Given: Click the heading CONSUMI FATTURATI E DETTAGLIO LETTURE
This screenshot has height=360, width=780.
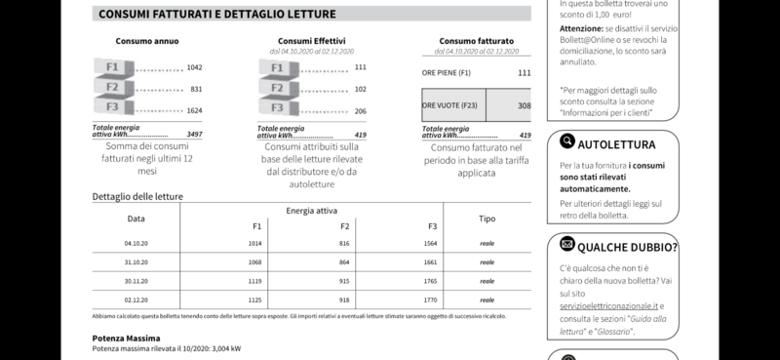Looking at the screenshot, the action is pyautogui.click(x=217, y=15).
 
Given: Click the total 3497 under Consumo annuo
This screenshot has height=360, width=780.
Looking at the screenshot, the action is pyautogui.click(x=193, y=135).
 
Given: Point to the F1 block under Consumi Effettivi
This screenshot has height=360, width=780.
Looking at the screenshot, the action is pyautogui.click(x=278, y=68).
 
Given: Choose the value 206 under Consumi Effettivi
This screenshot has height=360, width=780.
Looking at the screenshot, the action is pyautogui.click(x=360, y=111).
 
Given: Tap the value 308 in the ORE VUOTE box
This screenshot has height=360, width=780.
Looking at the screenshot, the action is pyautogui.click(x=524, y=105).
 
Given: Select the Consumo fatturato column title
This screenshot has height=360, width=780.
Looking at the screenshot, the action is pyautogui.click(x=475, y=41).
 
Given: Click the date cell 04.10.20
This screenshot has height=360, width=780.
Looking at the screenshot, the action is pyautogui.click(x=136, y=242).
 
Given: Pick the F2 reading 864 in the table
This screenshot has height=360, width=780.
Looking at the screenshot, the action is pyautogui.click(x=344, y=261).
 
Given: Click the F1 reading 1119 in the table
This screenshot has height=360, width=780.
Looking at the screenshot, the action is pyautogui.click(x=256, y=280).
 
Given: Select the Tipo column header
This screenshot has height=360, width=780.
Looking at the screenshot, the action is pyautogui.click(x=487, y=219).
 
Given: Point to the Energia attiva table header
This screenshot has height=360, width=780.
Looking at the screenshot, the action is pyautogui.click(x=313, y=210).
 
